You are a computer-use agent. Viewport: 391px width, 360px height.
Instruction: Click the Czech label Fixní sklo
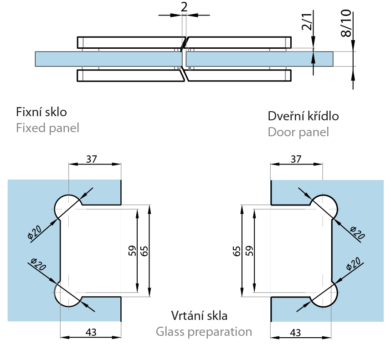tap(41, 112)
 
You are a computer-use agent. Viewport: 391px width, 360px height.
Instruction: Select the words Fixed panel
tap(47, 128)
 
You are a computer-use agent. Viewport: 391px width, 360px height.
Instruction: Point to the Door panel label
tap(298, 132)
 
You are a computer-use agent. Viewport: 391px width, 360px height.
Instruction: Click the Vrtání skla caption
tap(199, 315)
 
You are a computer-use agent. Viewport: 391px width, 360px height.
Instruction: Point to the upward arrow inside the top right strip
tap(314, 58)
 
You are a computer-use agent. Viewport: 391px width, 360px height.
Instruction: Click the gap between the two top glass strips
tap(184, 59)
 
